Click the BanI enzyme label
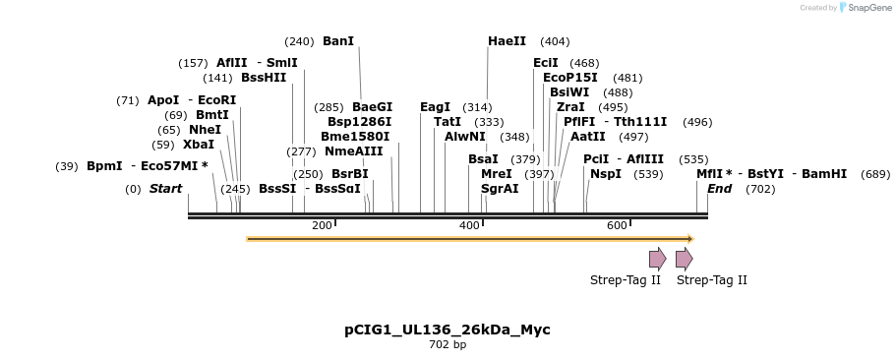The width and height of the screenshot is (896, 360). (337, 41)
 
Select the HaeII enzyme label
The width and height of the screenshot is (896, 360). (507, 41)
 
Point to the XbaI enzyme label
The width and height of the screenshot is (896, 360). (198, 144)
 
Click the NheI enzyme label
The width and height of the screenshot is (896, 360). (205, 129)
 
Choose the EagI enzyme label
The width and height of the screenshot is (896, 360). (435, 107)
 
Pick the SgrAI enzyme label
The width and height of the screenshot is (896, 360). (500, 188)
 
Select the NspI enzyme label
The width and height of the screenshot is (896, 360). (606, 173)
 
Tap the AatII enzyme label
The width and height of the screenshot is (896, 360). (588, 137)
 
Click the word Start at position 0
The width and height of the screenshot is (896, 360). (165, 188)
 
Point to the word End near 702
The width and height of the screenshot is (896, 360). (719, 188)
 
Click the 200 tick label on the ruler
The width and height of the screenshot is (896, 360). (322, 225)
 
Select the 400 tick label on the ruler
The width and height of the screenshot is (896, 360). (469, 225)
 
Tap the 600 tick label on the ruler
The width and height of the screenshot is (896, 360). (617, 225)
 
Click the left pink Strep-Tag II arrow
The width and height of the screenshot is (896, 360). (657, 259)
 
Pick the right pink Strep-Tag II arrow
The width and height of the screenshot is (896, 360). (684, 259)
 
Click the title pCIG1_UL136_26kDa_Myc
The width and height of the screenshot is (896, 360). (448, 330)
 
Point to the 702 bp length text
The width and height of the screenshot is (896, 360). (448, 345)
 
